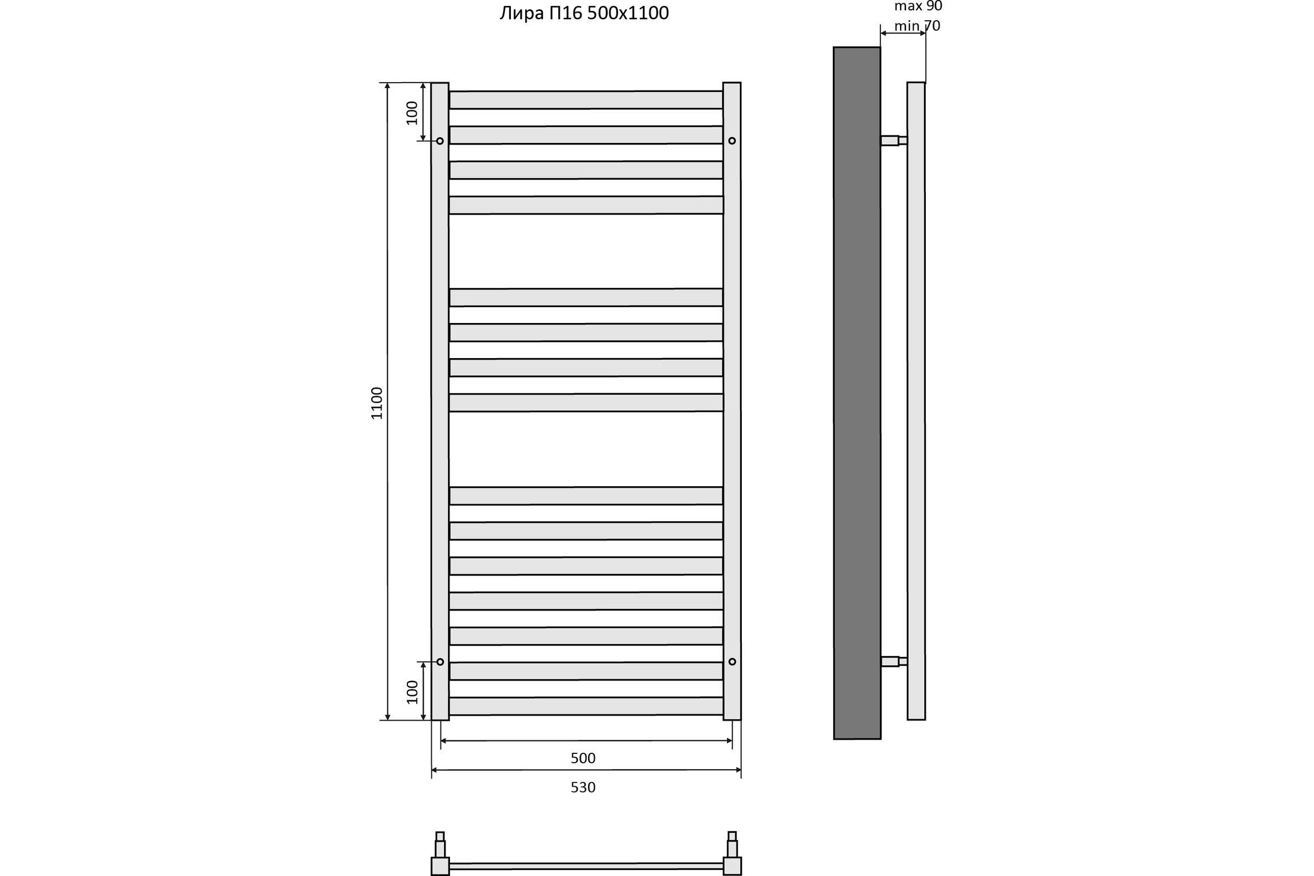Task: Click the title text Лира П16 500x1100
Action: (584, 13)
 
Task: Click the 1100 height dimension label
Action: (377, 403)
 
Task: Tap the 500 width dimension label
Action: (583, 758)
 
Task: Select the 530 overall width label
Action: (583, 787)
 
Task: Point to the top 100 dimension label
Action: (412, 113)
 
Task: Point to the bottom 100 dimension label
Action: (412, 692)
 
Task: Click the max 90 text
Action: (918, 6)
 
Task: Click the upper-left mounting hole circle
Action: (440, 141)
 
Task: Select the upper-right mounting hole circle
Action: (732, 141)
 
